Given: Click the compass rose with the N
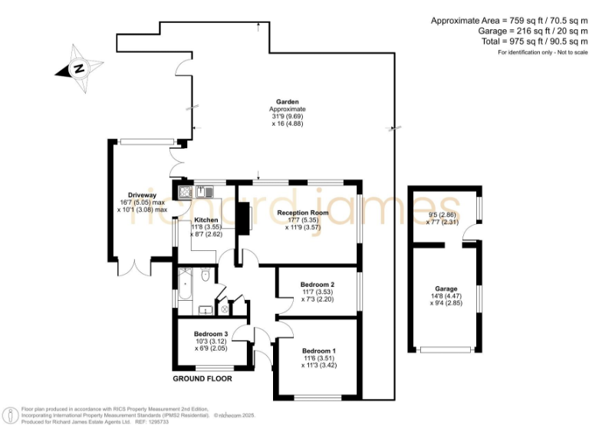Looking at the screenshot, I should (x=77, y=68).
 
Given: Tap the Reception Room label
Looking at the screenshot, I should (x=303, y=213).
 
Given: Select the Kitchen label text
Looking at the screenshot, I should (x=206, y=219).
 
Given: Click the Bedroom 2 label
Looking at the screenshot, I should (x=317, y=284).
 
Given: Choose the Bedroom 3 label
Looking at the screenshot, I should (x=211, y=334).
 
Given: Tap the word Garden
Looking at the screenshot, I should (x=288, y=101).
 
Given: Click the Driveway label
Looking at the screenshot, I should (x=142, y=195).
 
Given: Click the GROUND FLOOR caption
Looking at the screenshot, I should (x=202, y=378).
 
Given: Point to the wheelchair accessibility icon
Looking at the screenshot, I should (x=11, y=415).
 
